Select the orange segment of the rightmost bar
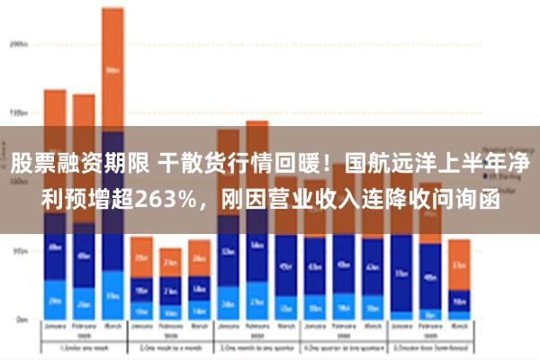coord(459,264)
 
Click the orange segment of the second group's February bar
coord(170,263)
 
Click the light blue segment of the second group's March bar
coord(199,310)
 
